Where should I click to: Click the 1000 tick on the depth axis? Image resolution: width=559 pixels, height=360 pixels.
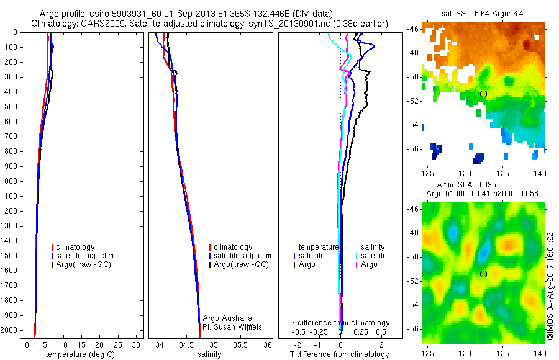(12, 181)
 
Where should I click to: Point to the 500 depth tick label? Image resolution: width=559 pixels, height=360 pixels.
(12, 107)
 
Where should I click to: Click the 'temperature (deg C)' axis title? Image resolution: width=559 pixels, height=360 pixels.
(81, 354)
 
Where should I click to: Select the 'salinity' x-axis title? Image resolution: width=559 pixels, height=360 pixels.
(209, 354)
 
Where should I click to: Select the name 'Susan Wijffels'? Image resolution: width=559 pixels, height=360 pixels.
(239, 326)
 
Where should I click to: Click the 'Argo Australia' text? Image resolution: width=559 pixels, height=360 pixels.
(227, 318)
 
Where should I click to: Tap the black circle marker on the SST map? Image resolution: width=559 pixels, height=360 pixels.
(483, 94)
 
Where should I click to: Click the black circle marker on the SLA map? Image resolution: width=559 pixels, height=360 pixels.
(483, 274)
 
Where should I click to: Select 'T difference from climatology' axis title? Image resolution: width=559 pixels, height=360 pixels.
(340, 354)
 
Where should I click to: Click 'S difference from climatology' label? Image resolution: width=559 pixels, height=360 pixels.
(340, 323)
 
